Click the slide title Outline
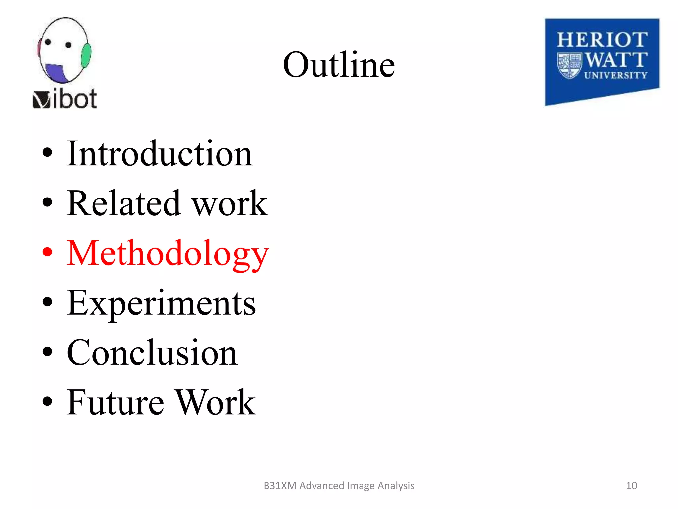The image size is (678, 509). (339, 65)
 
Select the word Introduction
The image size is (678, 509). (160, 153)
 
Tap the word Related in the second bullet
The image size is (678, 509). (123, 203)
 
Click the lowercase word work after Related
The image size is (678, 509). (230, 203)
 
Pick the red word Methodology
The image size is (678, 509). (168, 254)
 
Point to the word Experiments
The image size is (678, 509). (161, 303)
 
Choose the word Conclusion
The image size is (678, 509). (152, 353)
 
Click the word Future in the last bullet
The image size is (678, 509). (115, 402)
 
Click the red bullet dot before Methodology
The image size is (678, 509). (47, 252)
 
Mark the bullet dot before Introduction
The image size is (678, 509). (47, 152)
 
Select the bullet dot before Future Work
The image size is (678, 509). (47, 401)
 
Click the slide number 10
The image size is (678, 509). (631, 486)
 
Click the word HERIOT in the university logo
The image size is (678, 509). (602, 40)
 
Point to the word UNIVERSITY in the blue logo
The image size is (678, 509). (615, 75)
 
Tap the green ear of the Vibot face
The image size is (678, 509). (86, 56)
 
